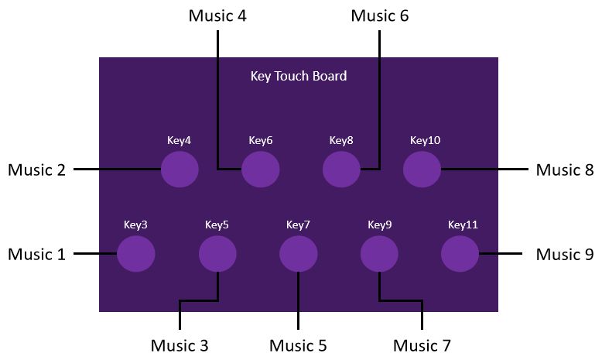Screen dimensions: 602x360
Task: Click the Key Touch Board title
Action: point(299,76)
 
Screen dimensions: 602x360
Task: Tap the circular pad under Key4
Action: point(180,169)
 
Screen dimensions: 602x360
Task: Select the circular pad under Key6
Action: point(261,169)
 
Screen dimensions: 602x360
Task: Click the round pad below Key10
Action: point(422,169)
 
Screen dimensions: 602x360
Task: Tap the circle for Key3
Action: point(136,254)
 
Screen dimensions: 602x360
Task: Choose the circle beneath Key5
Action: point(217,254)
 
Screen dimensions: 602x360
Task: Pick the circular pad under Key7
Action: point(299,254)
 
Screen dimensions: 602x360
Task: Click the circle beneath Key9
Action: point(379,254)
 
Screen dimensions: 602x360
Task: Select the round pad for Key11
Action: point(460,254)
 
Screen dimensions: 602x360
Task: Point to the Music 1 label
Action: point(37,255)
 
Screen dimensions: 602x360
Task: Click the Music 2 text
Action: point(37,170)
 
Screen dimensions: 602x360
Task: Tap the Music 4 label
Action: point(217,15)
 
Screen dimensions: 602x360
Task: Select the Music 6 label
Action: point(380,15)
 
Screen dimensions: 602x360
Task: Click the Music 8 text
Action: point(565,170)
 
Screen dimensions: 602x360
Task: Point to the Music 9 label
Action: point(565,255)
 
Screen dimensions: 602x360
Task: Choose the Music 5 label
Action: point(299,345)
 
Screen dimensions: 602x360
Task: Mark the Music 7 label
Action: point(422,345)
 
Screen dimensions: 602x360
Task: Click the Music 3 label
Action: point(180,345)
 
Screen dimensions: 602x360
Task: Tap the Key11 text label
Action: point(463,225)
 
